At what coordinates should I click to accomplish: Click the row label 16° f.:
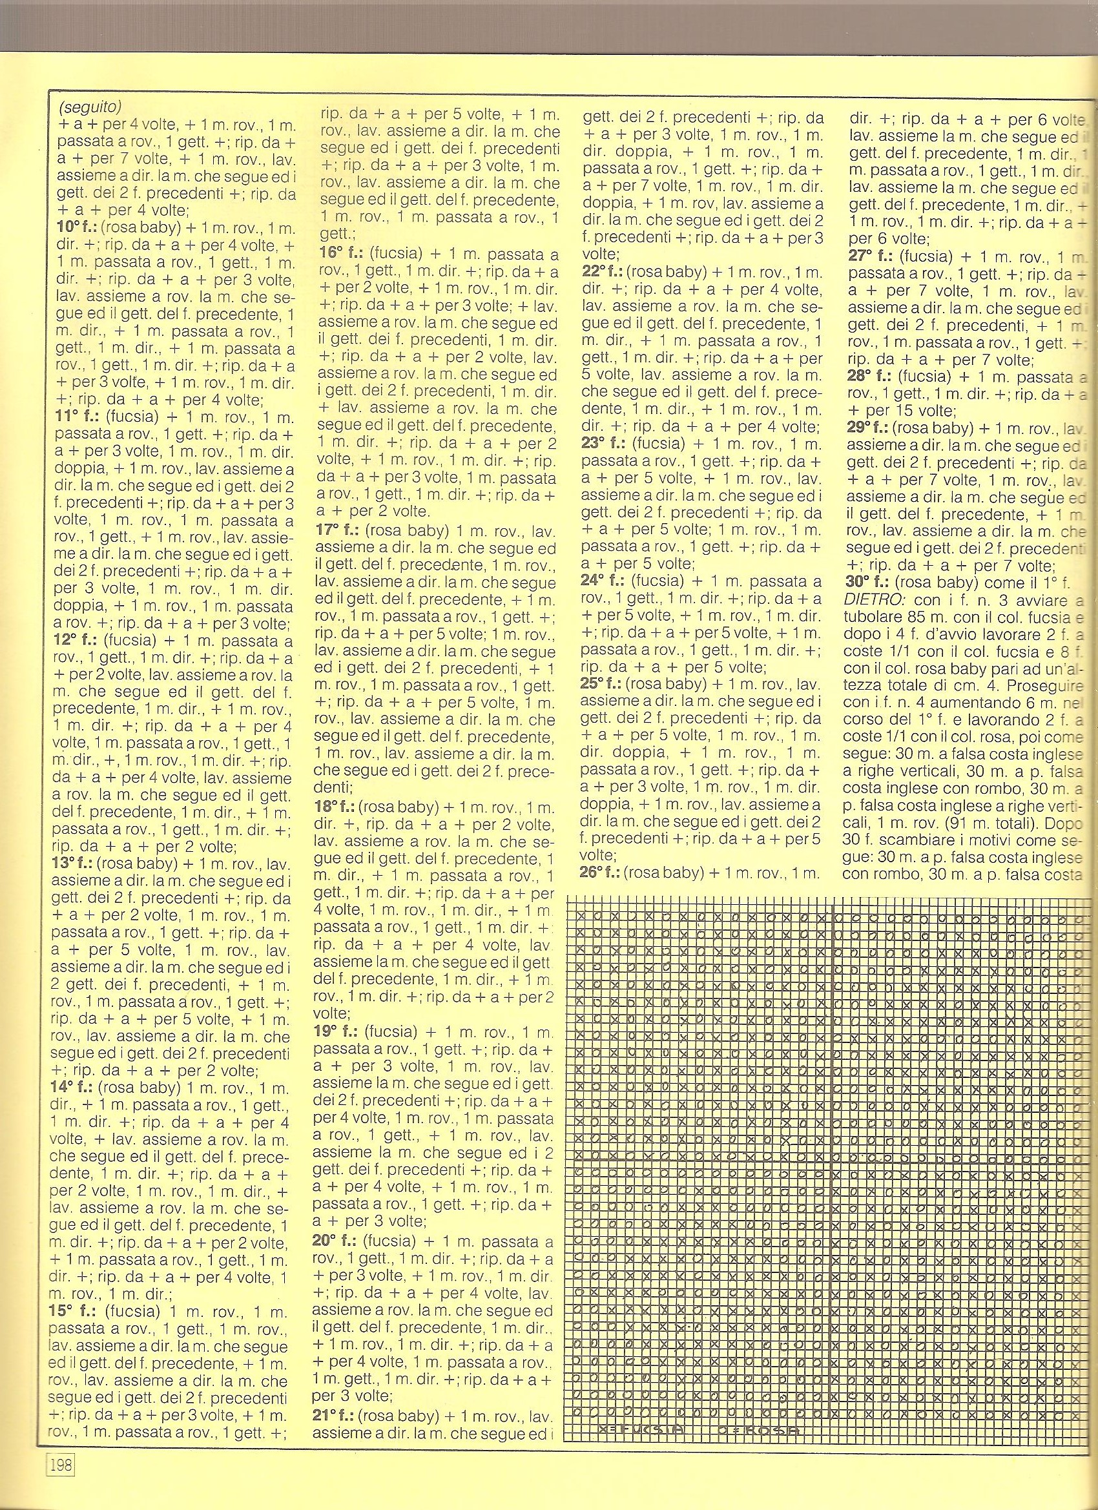(340, 254)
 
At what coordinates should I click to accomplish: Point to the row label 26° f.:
(601, 871)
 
